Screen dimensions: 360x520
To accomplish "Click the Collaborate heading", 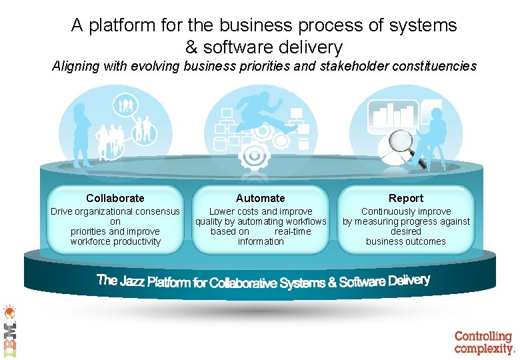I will pos(115,198).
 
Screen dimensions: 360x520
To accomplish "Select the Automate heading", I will pos(260,198).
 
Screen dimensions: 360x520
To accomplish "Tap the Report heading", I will pos(405,198).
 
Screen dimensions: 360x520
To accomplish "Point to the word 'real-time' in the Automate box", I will pos(293,231).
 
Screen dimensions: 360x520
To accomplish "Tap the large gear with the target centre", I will pos(253,154).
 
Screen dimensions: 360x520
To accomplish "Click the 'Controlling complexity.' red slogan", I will pos(484,342).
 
